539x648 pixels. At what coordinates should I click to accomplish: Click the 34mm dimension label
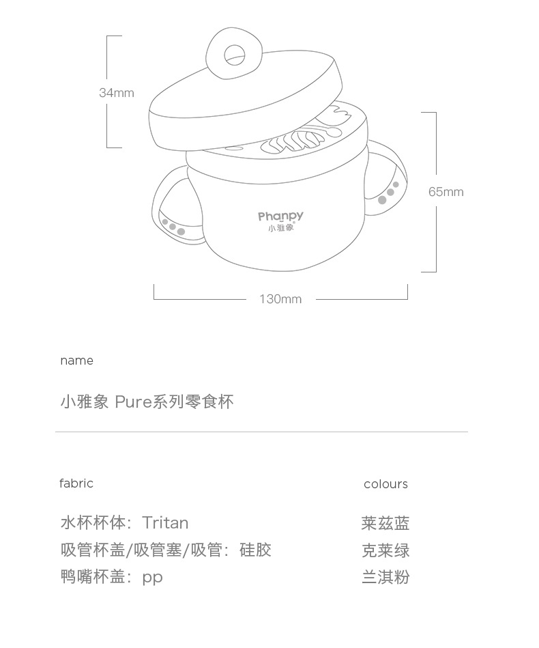point(117,93)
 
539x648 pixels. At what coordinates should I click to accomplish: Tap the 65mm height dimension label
point(446,192)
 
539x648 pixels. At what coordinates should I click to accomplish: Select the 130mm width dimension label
point(280,299)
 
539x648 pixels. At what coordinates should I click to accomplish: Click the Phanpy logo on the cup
point(280,216)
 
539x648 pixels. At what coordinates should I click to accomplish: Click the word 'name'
point(76,361)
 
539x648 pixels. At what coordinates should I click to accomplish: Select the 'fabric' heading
point(76,483)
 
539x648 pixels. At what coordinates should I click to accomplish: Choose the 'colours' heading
point(385,484)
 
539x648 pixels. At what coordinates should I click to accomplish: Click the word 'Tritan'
point(165,523)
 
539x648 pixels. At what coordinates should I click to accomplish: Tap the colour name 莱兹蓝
point(385,524)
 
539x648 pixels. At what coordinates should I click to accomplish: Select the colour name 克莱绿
point(385,550)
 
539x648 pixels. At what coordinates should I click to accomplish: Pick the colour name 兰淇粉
point(385,577)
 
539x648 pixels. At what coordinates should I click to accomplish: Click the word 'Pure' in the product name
point(132,402)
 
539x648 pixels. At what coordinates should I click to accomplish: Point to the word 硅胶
point(255,550)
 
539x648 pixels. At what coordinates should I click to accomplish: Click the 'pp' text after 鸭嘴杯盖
point(152,578)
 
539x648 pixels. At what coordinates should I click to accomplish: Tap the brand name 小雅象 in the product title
point(85,402)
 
